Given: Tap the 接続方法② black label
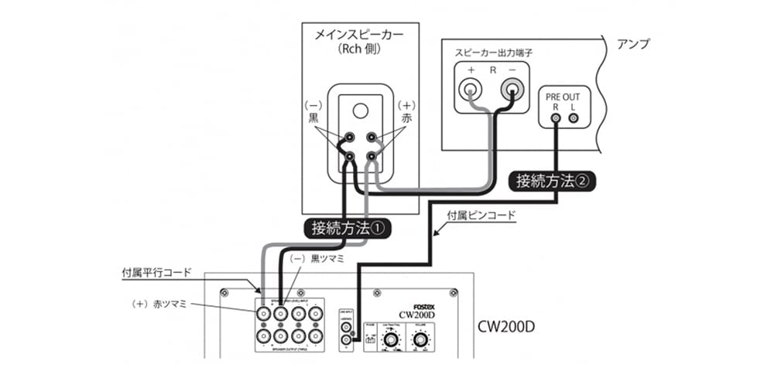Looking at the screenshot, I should [x=552, y=182].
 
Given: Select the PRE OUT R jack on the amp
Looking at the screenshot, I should [x=556, y=118].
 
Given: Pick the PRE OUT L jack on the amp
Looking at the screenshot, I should [x=574, y=118].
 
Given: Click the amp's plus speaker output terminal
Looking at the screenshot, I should [x=471, y=90].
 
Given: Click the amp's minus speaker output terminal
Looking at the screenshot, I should [x=512, y=90].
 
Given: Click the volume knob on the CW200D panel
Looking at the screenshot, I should [x=421, y=339].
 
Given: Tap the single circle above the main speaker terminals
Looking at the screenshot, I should [x=360, y=111].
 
